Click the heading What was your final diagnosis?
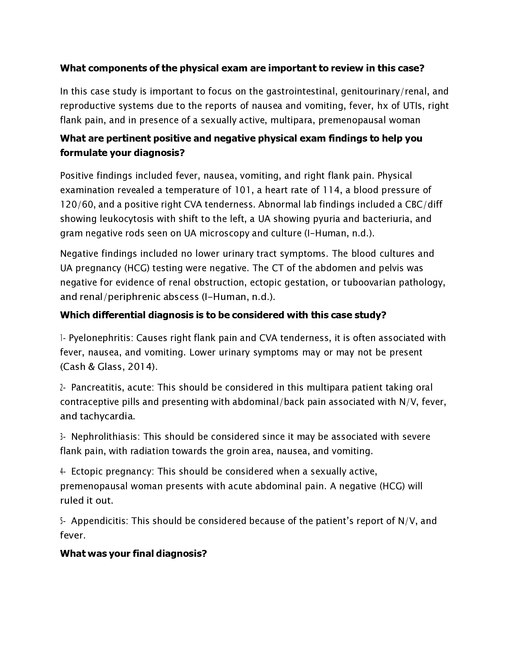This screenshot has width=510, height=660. coord(133,553)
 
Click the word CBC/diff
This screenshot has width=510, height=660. coord(424,205)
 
